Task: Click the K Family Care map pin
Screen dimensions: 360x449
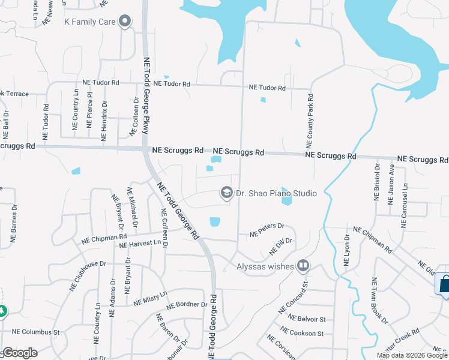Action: coord(125,22)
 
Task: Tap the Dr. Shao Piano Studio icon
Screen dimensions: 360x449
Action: coord(226,193)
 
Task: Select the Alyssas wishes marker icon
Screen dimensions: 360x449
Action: coord(304,265)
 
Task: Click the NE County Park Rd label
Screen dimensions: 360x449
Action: coord(310,121)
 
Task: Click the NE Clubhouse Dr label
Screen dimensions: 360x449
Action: coord(88,275)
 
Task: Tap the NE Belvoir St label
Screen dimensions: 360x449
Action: coord(307,319)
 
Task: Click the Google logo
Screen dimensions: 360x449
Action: coord(19,353)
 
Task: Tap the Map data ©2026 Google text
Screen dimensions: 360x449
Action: coord(412,355)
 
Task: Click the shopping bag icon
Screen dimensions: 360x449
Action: coord(445,283)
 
